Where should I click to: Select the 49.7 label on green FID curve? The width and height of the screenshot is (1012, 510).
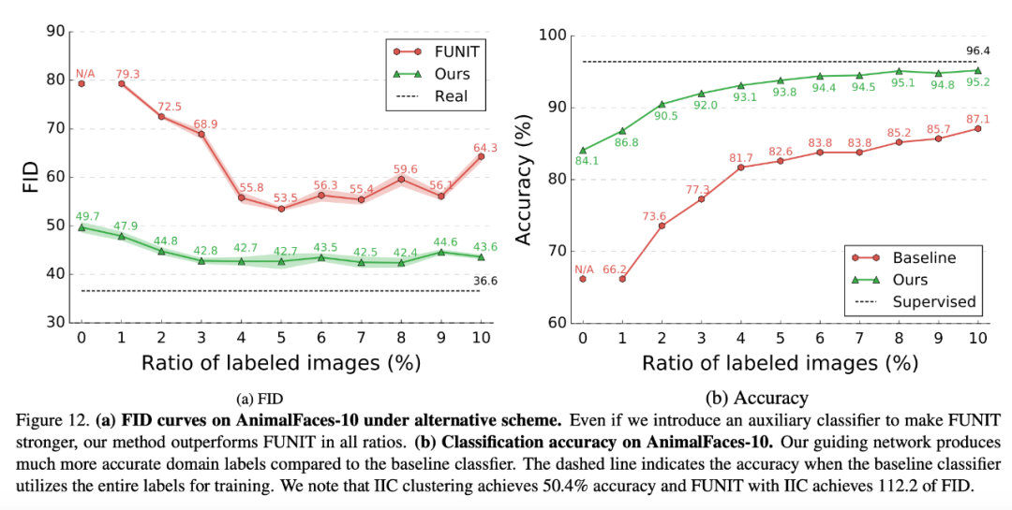(x=86, y=216)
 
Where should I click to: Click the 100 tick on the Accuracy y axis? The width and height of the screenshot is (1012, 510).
(x=552, y=36)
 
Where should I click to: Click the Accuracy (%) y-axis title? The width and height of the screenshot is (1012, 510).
(x=526, y=179)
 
